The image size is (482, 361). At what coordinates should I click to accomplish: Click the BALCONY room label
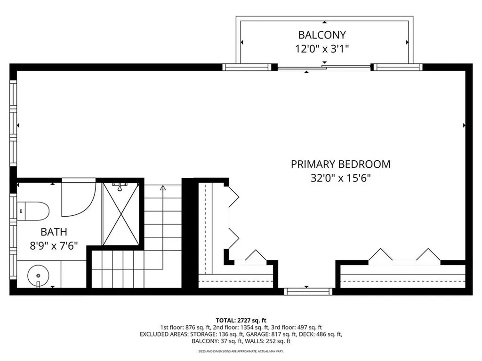(x=322, y=35)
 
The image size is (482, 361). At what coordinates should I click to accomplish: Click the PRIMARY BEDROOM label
(x=340, y=164)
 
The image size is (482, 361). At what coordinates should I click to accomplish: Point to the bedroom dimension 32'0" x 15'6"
(x=340, y=178)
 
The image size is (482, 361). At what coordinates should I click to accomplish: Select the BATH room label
(x=54, y=232)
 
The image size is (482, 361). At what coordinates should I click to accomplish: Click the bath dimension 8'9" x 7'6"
(x=54, y=245)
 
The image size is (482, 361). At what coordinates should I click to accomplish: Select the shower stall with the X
(x=121, y=214)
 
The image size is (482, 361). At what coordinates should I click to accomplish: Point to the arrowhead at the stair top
(x=163, y=188)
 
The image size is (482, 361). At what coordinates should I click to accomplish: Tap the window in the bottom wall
(x=308, y=291)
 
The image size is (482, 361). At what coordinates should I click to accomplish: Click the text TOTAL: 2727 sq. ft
(x=241, y=319)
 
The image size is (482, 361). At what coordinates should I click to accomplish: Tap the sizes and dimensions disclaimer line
(x=241, y=351)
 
